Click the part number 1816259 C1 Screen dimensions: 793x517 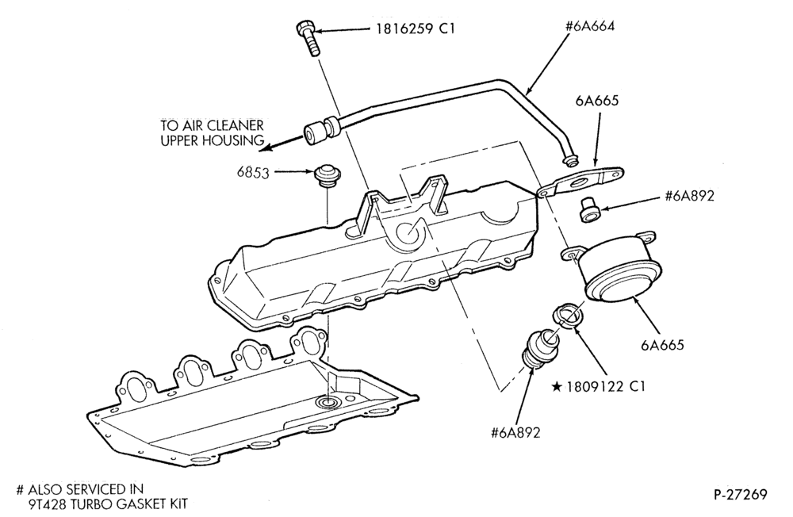point(415,29)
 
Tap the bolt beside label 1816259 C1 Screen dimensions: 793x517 point(308,38)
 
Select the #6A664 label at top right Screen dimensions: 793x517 point(590,26)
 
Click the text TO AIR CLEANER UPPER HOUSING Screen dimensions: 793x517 point(213,132)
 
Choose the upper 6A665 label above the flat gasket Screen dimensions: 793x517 point(597,101)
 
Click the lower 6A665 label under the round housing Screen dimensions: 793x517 point(662,345)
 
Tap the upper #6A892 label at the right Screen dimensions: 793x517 point(690,196)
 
